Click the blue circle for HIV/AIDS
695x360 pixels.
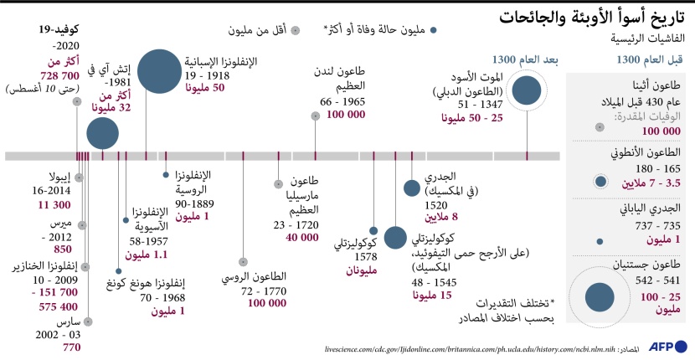tap(103, 132)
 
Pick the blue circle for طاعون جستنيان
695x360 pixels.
tap(600, 296)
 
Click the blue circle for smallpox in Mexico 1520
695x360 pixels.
tap(411, 188)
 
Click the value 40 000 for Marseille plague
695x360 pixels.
tap(301, 237)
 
